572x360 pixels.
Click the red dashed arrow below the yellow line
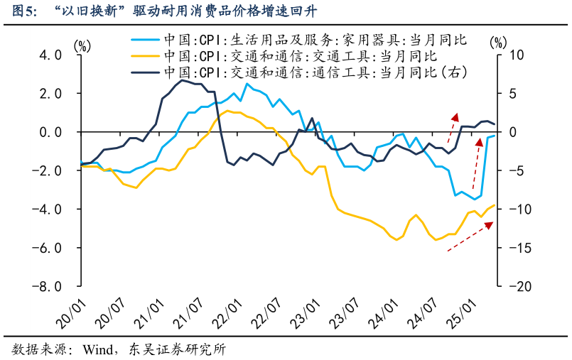coord(470,236)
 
